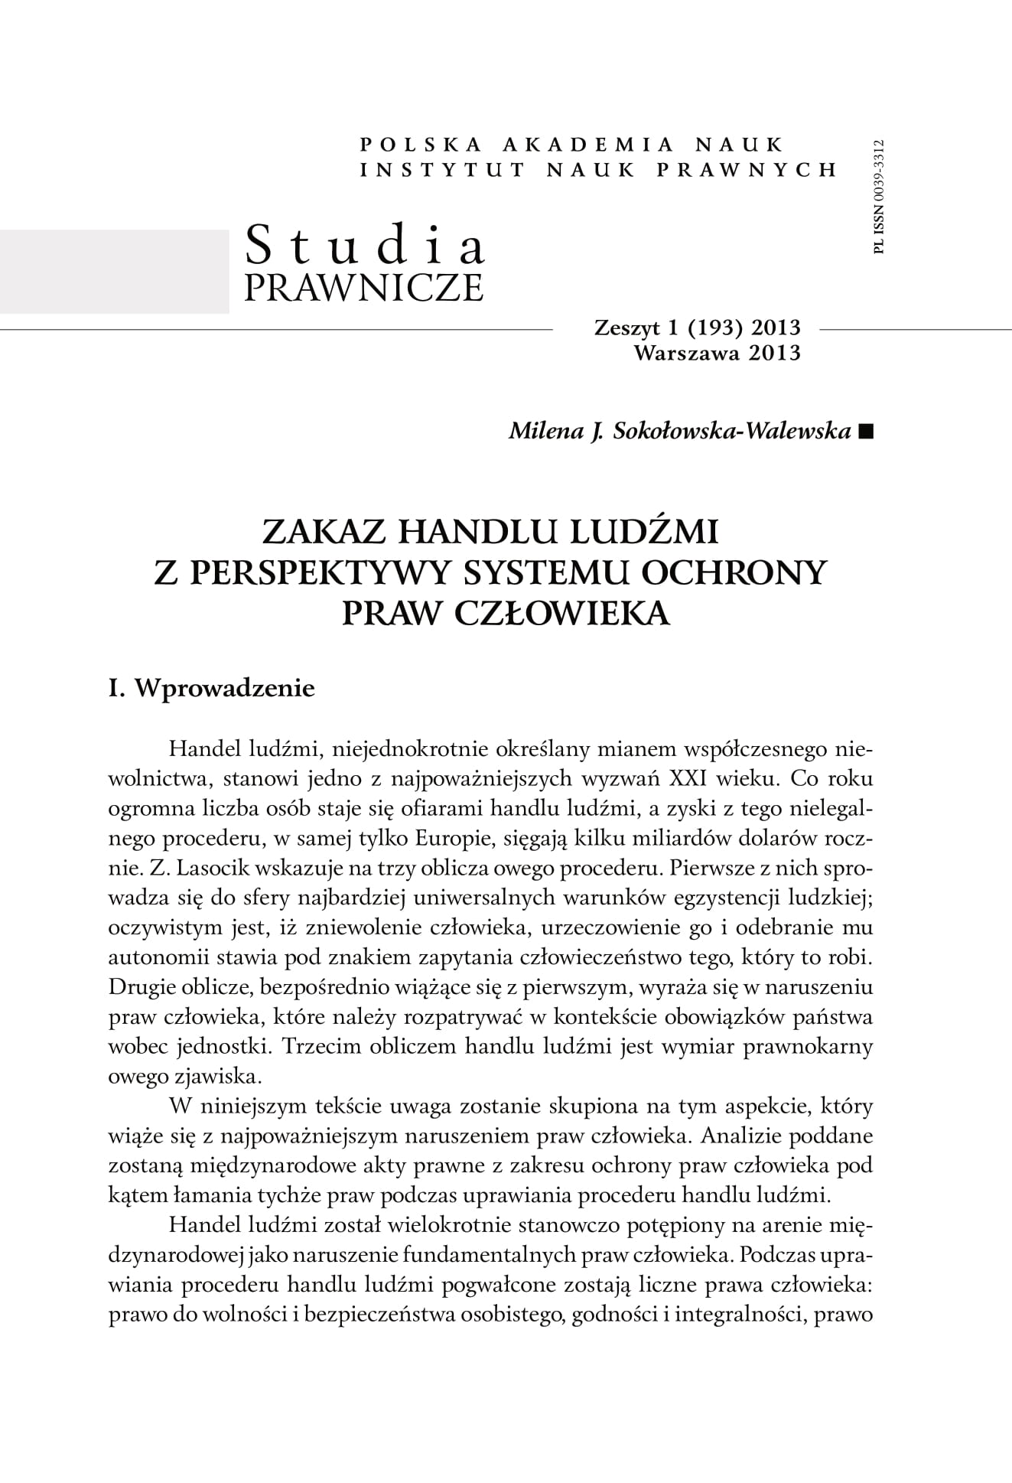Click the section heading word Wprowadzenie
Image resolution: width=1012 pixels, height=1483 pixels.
(x=224, y=688)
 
